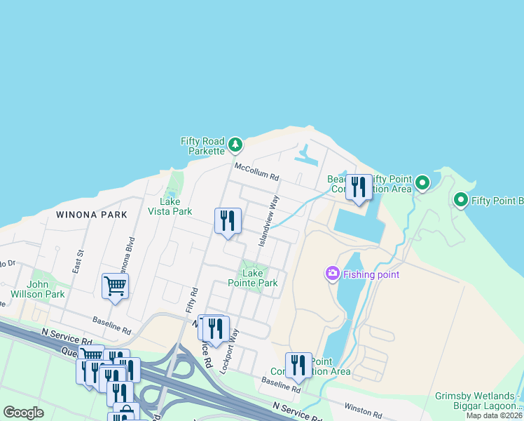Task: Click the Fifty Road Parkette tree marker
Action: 235,145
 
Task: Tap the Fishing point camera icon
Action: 333,274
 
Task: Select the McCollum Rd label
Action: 256,168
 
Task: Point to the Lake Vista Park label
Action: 171,206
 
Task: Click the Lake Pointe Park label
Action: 252,278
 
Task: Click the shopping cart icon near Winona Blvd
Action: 115,286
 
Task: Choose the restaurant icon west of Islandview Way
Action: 228,220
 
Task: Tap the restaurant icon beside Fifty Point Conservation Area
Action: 359,187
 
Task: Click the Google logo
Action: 23,413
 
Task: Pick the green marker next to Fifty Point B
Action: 461,201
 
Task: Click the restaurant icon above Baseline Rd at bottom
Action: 298,365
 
